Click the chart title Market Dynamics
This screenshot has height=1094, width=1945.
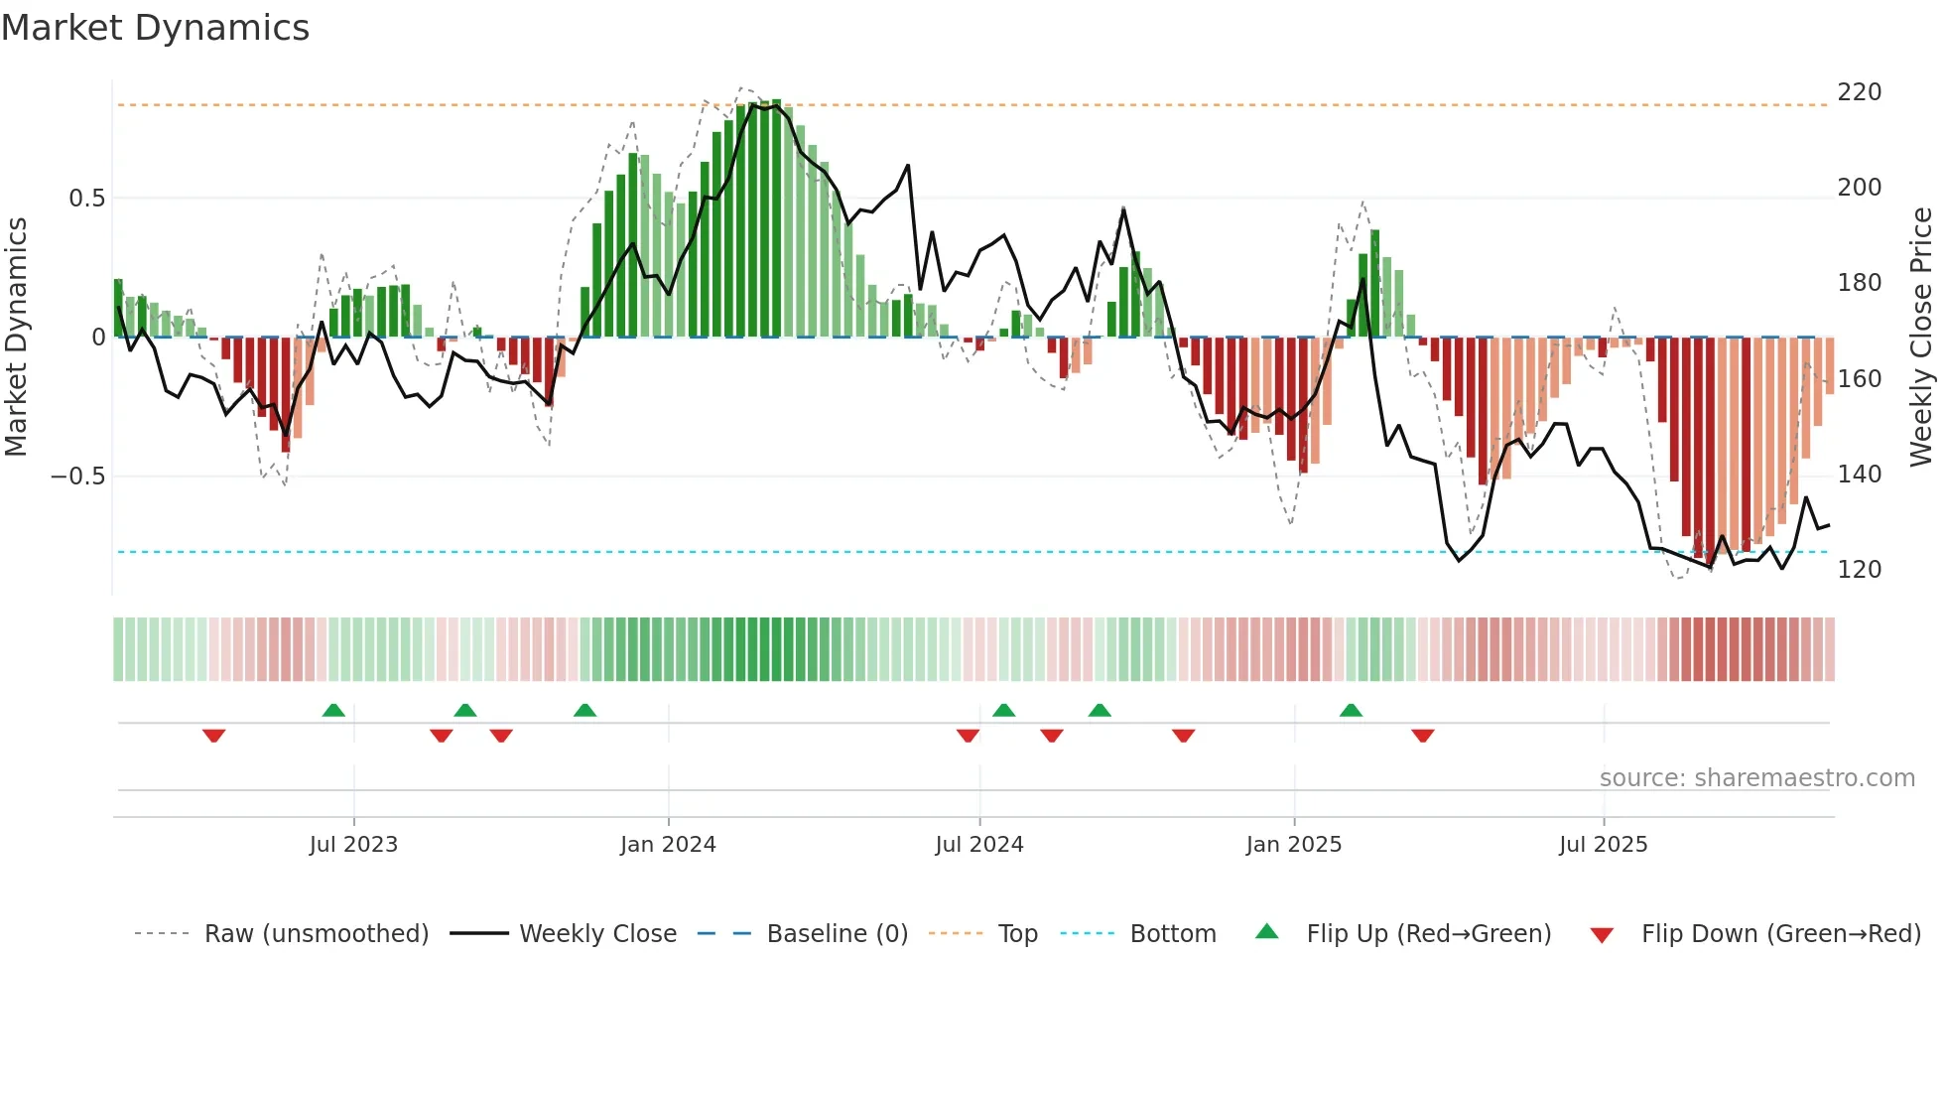tap(155, 28)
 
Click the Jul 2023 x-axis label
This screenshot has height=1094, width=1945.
tap(353, 845)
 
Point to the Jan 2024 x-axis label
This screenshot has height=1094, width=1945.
tap(668, 845)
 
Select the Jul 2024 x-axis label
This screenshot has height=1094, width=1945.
tap(979, 845)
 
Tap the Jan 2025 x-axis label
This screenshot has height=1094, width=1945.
tap(1294, 845)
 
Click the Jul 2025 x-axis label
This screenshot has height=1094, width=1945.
tap(1604, 845)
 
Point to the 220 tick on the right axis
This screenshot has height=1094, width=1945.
tap(1859, 92)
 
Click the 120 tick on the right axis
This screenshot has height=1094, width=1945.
tap(1859, 570)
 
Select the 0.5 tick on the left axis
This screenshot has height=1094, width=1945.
tap(86, 199)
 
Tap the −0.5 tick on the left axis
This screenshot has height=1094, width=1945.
tap(77, 477)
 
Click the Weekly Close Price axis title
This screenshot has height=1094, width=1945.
tap(1922, 337)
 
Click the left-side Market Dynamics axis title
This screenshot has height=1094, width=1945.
tap(16, 337)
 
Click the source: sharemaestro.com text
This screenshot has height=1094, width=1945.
tap(1756, 778)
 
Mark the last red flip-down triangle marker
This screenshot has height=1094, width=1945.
tap(1423, 736)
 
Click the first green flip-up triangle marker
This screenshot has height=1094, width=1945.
tap(333, 710)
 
